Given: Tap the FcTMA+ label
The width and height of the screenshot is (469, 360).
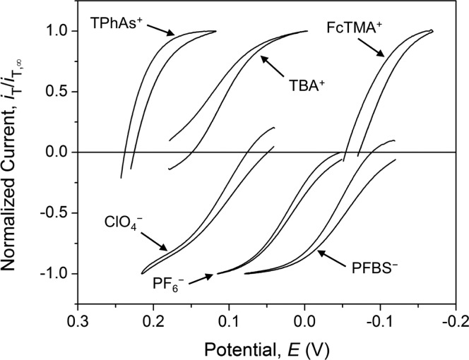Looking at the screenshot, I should pos(355,28).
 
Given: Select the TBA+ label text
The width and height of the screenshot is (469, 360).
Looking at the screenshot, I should pos(302,85).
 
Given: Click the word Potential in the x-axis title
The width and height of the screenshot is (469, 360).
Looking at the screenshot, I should pos(231,349).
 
